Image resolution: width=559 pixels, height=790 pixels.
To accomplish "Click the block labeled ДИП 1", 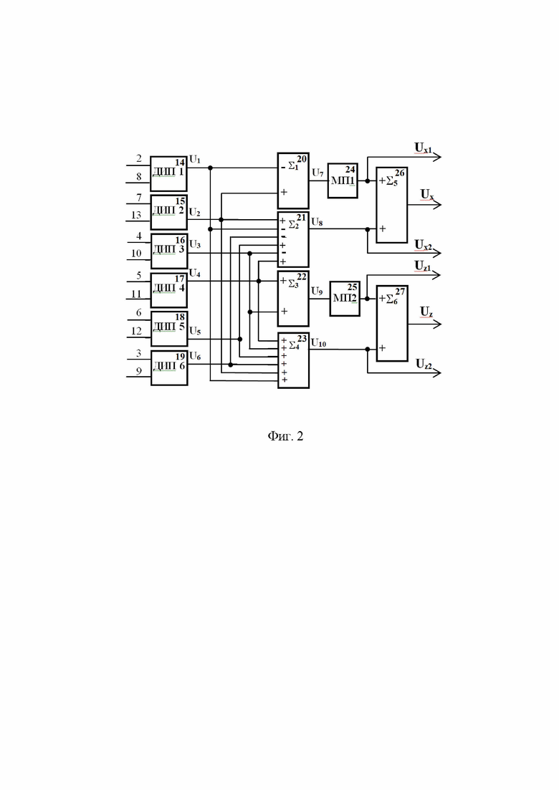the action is click(169, 174).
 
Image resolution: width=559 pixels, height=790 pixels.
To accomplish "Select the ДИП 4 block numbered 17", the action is click(169, 290).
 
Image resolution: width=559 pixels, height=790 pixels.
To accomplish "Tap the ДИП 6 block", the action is click(169, 368).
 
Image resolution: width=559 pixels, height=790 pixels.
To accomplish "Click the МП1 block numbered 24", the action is click(343, 180).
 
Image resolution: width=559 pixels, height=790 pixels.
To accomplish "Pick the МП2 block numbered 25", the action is click(345, 299).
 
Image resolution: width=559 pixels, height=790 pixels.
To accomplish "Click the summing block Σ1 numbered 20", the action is click(293, 181).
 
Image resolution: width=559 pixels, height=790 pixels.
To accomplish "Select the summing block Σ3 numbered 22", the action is click(293, 299).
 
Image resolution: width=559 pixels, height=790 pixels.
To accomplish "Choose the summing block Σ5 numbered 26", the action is click(391, 205).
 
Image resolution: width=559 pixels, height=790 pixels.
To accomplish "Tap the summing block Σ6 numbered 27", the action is click(392, 324).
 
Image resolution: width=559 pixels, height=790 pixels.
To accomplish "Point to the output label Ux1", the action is click(423, 148).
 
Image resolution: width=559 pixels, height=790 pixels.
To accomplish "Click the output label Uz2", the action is click(424, 364).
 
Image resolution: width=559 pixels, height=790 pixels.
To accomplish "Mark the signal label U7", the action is click(317, 173).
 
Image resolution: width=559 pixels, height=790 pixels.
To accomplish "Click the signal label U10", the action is click(318, 343).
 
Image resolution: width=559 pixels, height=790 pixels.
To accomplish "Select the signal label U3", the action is click(194, 245).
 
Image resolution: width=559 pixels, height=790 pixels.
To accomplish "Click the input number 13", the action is click(136, 215).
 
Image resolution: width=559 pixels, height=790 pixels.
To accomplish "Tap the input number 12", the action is click(136, 331).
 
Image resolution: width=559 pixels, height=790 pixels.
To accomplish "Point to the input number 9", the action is click(138, 371).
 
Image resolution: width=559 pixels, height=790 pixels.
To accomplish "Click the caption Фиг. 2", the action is click(285, 435).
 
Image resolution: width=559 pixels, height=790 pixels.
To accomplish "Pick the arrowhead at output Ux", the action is click(437, 205).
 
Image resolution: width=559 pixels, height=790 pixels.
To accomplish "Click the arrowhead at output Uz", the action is click(437, 324).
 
